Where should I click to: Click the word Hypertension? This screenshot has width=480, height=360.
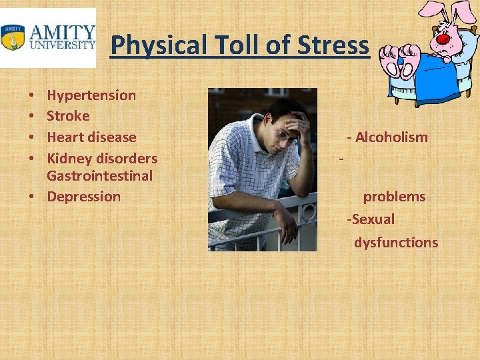[91, 95]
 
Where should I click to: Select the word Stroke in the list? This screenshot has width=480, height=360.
[68, 116]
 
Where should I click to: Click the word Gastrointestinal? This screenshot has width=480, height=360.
[99, 176]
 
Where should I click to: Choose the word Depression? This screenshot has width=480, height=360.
[83, 197]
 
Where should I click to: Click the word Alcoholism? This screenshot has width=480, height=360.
[391, 137]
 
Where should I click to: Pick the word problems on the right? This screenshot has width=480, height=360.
[394, 197]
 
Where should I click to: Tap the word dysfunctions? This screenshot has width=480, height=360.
[396, 243]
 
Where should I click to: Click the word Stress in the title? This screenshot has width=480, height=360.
[338, 45]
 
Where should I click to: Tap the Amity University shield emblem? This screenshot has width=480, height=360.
[13, 37]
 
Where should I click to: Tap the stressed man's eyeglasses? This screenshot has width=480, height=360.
[286, 135]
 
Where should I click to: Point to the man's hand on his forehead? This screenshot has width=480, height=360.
[298, 123]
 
